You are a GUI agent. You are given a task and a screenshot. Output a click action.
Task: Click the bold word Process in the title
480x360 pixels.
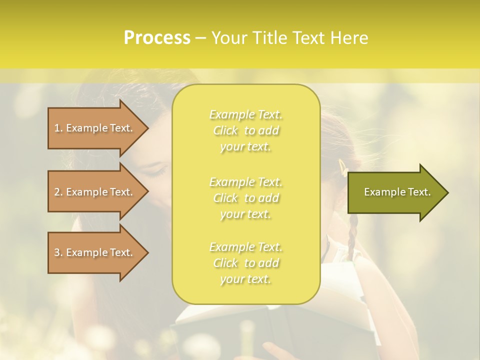click(x=157, y=38)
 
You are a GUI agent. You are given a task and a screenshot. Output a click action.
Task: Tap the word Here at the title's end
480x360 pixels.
click(x=349, y=38)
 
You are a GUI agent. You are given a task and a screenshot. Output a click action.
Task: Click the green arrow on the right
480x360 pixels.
click(x=395, y=192)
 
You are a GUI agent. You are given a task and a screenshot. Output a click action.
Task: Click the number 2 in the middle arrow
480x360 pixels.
click(x=57, y=192)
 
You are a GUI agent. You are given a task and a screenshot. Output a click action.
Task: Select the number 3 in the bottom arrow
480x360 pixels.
click(x=57, y=252)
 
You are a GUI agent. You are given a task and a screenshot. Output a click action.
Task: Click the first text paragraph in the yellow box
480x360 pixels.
click(x=246, y=130)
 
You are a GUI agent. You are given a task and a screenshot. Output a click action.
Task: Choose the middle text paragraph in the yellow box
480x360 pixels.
click(x=246, y=198)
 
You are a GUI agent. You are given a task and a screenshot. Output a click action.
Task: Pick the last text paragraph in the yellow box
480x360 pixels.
click(x=246, y=263)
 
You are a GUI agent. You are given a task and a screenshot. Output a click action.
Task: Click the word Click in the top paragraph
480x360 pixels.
click(x=225, y=130)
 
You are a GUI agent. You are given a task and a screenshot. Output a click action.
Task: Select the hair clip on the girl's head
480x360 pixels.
click(x=343, y=167)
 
